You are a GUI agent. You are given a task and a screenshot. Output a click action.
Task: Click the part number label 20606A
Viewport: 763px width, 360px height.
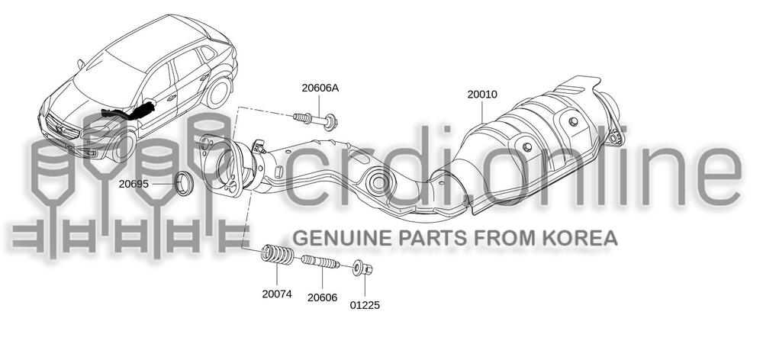click(x=320, y=88)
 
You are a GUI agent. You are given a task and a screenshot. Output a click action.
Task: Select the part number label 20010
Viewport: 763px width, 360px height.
click(x=482, y=95)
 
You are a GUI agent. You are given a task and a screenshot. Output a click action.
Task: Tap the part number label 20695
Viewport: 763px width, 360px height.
click(x=134, y=184)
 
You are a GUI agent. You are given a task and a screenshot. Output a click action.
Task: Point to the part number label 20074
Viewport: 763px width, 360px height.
click(x=276, y=293)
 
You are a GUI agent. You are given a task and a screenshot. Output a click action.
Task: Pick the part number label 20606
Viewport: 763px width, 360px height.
click(x=323, y=297)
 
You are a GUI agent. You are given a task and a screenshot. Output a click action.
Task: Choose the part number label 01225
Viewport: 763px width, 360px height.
click(x=365, y=305)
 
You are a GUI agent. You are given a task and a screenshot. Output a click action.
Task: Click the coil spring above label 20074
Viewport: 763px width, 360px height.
click(x=278, y=255)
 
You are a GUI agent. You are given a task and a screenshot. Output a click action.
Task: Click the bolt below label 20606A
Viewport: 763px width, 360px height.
click(x=316, y=119)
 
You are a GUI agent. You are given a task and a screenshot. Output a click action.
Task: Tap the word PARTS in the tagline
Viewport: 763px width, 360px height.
click(x=434, y=238)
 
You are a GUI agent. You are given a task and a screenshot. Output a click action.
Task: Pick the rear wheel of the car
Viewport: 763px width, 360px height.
click(x=219, y=91)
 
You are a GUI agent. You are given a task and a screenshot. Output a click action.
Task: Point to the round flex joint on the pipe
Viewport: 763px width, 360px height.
click(x=378, y=182)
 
